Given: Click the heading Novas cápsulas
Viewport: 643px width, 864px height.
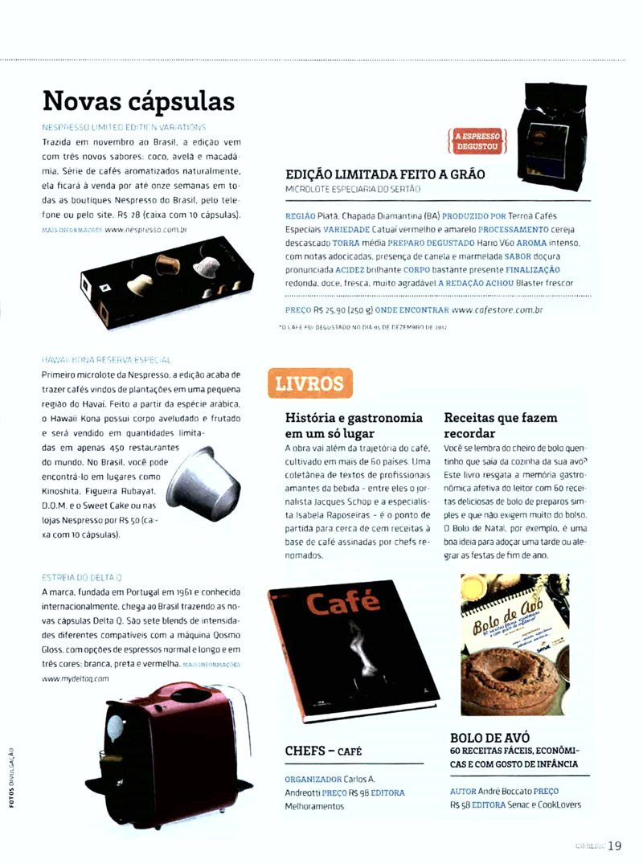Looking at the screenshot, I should pyautogui.click(x=138, y=102).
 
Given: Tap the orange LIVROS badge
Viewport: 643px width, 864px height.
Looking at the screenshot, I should pyautogui.click(x=309, y=383).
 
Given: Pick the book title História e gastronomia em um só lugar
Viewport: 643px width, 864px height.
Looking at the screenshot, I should pyautogui.click(x=354, y=425).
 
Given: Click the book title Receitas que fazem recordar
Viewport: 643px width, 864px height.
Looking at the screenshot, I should pyautogui.click(x=501, y=425).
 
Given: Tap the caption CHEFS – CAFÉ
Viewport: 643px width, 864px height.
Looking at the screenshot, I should pyautogui.click(x=324, y=751).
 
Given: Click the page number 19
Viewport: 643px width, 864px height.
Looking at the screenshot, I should pyautogui.click(x=615, y=845).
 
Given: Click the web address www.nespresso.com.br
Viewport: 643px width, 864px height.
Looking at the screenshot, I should pyautogui.click(x=145, y=229).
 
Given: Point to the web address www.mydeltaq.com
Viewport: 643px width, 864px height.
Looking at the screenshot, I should pyautogui.click(x=75, y=678).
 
